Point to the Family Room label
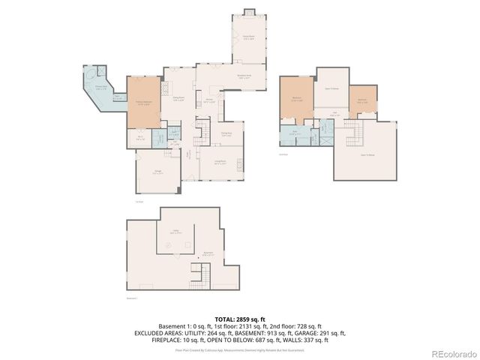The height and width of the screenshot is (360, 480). click(x=247, y=38)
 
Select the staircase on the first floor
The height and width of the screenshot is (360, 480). click(x=200, y=139)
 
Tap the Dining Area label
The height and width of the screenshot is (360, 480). click(x=226, y=135)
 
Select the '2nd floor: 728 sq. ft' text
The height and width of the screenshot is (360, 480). click(x=298, y=326)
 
